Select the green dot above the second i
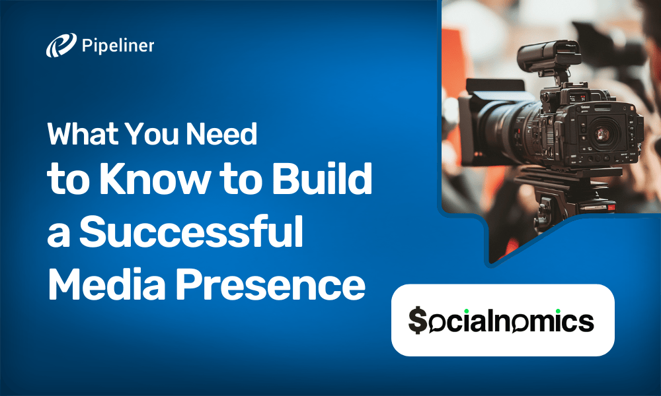point(557,309)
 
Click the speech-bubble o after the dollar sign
point(437,323)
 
